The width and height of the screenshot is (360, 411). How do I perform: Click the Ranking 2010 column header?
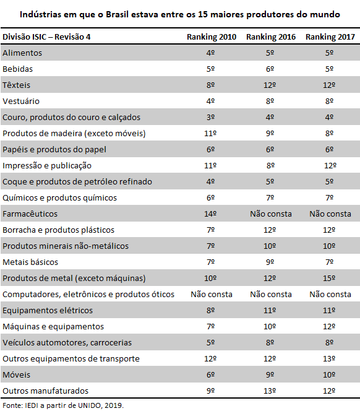pos(212,37)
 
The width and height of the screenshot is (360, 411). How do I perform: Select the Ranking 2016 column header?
pos(271,37)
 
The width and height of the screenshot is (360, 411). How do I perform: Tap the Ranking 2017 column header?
pos(330,37)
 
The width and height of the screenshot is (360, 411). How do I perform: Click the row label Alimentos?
pos(22,53)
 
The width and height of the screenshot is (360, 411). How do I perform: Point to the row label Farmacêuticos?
pos(30,214)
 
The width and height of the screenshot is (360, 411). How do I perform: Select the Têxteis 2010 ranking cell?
pos(210,85)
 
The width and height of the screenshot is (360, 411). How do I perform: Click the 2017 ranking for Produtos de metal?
pos(329,278)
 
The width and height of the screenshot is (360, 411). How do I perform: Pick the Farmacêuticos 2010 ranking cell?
pos(210,214)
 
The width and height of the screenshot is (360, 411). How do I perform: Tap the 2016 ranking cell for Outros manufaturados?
pos(270,391)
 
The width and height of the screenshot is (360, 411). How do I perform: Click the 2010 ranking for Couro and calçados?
pos(210,117)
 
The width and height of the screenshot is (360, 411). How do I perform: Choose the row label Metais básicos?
pos(30,262)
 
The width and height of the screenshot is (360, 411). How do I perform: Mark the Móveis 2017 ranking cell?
pos(329,375)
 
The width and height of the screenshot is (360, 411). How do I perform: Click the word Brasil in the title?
pos(117,14)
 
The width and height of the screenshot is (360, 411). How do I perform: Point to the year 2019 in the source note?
pos(113,405)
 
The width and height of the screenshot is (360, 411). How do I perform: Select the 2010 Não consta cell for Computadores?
pos(212,295)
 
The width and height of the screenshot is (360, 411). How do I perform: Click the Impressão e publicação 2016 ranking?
pos(270,166)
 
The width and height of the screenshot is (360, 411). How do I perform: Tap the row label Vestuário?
pos(21,101)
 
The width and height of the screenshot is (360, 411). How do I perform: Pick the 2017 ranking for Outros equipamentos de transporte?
pos(329,358)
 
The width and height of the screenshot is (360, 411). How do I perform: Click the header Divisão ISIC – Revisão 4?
pos(46,37)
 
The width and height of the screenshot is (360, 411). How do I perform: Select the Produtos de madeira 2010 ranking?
pos(210,134)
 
